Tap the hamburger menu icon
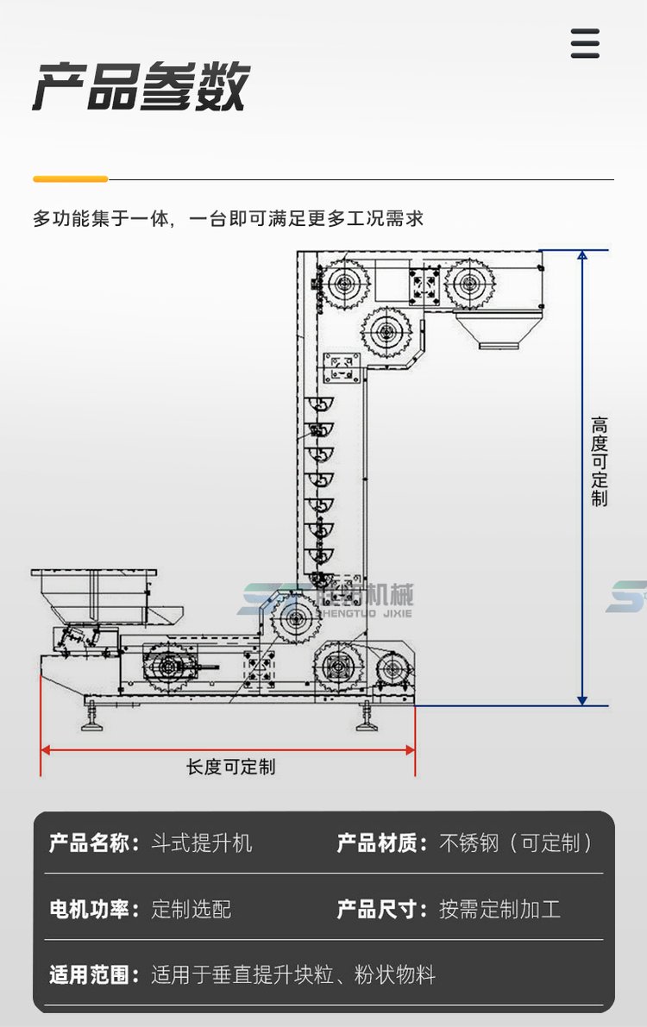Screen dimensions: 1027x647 coord(585,43)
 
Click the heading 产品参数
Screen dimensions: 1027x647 coord(141,87)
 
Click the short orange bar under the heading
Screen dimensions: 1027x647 coord(70,179)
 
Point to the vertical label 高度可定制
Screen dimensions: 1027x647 coord(600,462)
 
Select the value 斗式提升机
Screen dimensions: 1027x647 coord(202,842)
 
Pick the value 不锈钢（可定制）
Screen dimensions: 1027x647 coord(517,842)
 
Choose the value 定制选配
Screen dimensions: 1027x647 coord(192,909)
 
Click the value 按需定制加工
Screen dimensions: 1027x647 coord(499,909)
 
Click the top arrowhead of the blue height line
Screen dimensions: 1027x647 coord(582,255)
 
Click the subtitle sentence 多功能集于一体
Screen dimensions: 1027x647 coord(228,218)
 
